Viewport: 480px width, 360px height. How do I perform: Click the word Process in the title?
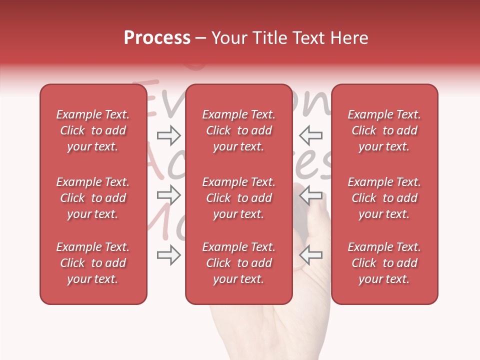[x=157, y=38]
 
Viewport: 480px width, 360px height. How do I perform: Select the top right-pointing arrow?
[x=169, y=135]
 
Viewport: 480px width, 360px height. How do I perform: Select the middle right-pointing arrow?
[x=169, y=195]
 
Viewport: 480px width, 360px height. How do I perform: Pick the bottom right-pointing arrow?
[x=169, y=255]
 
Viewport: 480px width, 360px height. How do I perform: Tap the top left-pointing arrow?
[x=310, y=135]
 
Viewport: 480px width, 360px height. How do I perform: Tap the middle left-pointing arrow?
[x=310, y=195]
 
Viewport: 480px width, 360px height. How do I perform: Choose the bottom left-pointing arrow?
[x=310, y=255]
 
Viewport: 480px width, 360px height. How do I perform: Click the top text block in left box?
[x=93, y=130]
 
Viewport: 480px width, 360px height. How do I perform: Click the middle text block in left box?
[x=93, y=198]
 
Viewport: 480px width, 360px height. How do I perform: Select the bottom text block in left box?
[x=93, y=263]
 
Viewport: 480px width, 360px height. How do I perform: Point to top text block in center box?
[x=238, y=130]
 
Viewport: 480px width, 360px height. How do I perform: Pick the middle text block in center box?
[x=238, y=198]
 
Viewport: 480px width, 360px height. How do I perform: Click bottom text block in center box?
[x=238, y=263]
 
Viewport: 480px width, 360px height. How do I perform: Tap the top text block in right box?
[x=384, y=130]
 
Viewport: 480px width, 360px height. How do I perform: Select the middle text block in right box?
[x=384, y=198]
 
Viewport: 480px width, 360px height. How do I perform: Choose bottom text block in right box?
[x=384, y=263]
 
